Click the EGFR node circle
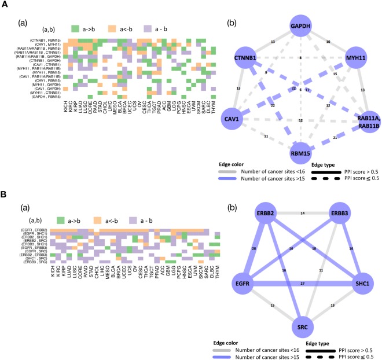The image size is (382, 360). [236, 283]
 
